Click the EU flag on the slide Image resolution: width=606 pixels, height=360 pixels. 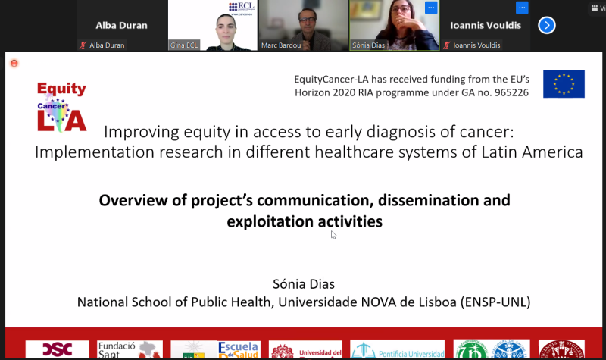tap(564, 83)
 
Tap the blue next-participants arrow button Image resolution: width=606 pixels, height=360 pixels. tap(547, 25)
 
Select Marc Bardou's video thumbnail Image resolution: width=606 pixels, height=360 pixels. tap(303, 26)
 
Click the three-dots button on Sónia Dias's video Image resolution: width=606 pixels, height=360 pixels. tap(431, 8)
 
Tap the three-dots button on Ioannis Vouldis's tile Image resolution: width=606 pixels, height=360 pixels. tap(522, 8)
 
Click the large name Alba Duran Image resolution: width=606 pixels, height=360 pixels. tap(121, 25)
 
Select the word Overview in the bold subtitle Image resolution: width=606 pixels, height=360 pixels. tap(130, 201)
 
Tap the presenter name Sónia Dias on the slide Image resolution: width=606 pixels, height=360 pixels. tap(304, 284)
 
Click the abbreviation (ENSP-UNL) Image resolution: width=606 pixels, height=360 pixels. tap(495, 302)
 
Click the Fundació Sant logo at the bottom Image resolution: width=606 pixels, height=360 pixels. tap(124, 349)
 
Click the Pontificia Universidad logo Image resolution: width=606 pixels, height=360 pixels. tap(397, 350)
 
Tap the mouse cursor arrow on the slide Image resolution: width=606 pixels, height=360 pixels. tap(333, 235)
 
